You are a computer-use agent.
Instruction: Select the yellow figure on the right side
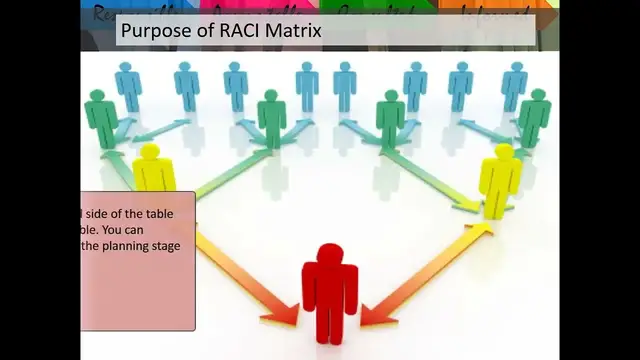point(499,180)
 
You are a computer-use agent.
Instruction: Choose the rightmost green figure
point(535,118)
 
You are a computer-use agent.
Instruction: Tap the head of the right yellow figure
point(502,153)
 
